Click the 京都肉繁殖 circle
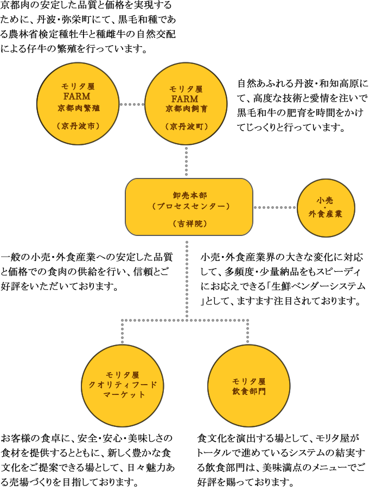click(x=79, y=104)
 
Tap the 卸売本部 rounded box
click(x=189, y=207)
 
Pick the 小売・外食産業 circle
click(x=326, y=207)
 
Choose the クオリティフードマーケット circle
click(x=123, y=385)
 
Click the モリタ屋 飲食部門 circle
click(x=249, y=386)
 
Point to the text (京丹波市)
click(x=79, y=126)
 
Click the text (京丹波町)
click(x=186, y=126)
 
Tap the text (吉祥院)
click(x=189, y=223)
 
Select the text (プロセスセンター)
click(x=189, y=206)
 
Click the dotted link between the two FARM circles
click(x=132, y=104)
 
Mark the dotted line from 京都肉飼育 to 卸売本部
click(x=186, y=161)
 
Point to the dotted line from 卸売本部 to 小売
click(x=275, y=207)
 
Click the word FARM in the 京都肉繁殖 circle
click(x=79, y=97)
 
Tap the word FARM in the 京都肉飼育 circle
click(x=185, y=99)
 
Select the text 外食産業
click(x=326, y=214)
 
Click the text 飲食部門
click(x=249, y=391)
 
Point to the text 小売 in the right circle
click(x=326, y=200)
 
